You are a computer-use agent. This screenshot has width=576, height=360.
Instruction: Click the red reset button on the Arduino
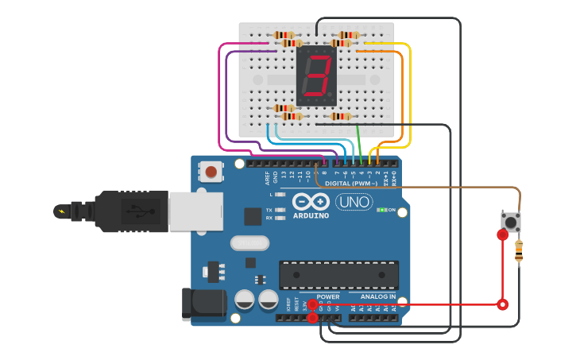(211, 171)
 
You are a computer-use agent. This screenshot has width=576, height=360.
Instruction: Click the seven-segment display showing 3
(316, 76)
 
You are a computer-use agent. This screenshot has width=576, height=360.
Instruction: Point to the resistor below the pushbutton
(519, 252)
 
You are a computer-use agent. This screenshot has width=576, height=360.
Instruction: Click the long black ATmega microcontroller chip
(338, 275)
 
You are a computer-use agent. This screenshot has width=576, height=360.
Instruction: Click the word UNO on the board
(354, 203)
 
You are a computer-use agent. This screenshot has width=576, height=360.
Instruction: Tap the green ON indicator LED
(382, 210)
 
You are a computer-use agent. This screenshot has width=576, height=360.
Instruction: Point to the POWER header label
(327, 297)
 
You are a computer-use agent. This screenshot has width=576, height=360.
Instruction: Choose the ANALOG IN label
(377, 297)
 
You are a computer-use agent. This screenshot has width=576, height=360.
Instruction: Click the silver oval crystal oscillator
(250, 242)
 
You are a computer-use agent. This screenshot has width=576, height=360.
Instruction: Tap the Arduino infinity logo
(311, 202)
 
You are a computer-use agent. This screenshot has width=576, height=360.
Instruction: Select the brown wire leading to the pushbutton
(445, 187)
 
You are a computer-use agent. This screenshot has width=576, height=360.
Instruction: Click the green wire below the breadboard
(359, 143)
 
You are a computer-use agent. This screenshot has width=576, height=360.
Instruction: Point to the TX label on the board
(269, 210)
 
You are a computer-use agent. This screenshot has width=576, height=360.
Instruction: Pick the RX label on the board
(269, 218)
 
